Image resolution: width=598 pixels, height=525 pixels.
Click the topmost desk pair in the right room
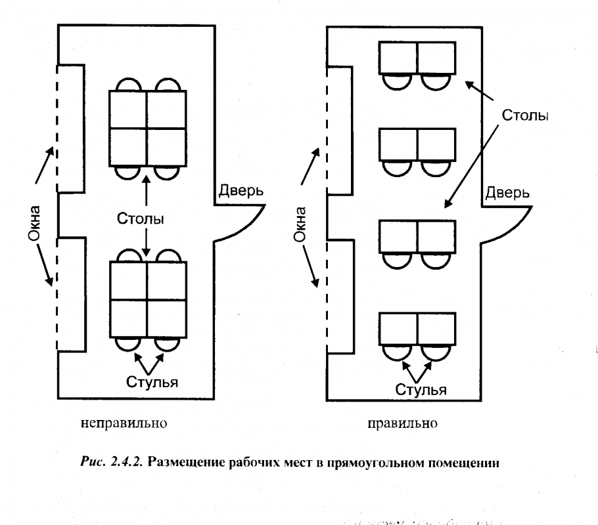click(x=417, y=58)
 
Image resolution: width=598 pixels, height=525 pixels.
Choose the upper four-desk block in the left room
click(x=148, y=128)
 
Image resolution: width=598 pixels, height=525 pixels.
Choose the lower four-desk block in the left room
click(x=148, y=299)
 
